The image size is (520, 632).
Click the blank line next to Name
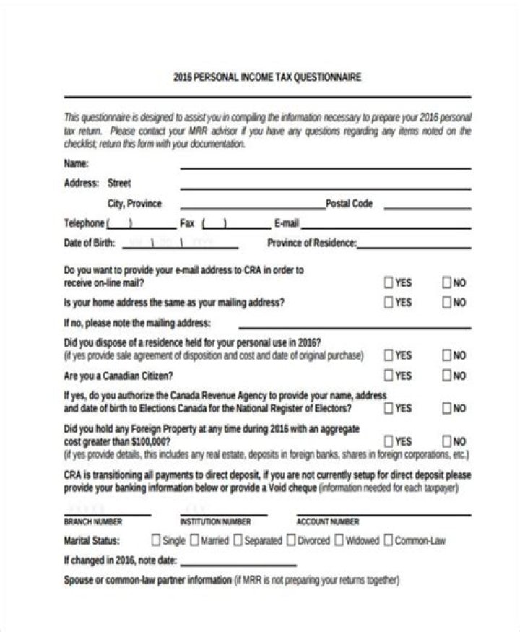(325, 167)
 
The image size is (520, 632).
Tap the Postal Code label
(349, 204)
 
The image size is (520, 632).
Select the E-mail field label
(287, 223)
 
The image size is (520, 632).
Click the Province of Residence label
(312, 243)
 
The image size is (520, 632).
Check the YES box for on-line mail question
(389, 282)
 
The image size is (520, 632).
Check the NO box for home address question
(446, 303)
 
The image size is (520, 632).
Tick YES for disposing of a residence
(389, 355)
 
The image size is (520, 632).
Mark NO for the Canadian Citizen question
(446, 376)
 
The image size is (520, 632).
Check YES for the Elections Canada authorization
(389, 408)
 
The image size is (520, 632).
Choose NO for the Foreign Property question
(446, 441)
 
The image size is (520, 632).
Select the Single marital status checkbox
(156, 540)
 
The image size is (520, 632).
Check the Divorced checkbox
(292, 540)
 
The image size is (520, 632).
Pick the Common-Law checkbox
(389, 540)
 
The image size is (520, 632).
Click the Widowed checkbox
(339, 540)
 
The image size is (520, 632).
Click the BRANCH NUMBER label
(93, 521)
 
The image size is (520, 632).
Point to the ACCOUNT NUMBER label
(328, 521)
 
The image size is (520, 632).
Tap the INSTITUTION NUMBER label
(215, 521)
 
